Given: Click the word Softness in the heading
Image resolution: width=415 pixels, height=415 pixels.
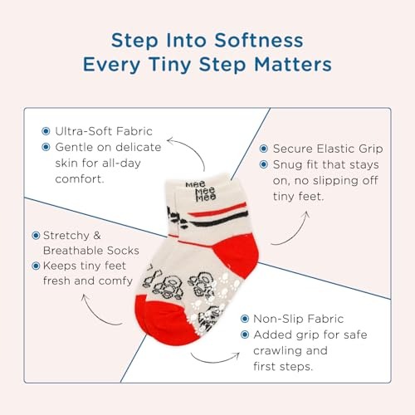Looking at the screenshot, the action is [x=259, y=41].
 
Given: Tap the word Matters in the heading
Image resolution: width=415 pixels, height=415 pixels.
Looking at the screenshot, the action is [x=293, y=65].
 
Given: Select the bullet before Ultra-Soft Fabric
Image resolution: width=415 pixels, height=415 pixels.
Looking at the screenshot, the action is [x=46, y=131].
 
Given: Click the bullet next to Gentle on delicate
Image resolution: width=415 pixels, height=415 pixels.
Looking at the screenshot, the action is [x=46, y=147].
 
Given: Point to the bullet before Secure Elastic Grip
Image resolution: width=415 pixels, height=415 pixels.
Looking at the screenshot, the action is [x=264, y=149].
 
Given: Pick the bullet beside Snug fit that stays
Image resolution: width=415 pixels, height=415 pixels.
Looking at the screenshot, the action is [x=264, y=164].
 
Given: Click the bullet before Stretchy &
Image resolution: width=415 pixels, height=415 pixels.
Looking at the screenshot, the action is [x=36, y=236].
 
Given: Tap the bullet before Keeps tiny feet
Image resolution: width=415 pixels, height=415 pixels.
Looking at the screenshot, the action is [x=36, y=266].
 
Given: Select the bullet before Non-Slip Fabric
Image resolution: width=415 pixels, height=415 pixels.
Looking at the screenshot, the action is [x=245, y=319].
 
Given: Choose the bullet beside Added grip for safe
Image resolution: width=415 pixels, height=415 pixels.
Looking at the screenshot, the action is [x=245, y=334].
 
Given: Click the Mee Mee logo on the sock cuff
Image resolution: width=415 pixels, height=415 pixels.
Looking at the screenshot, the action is [x=202, y=191].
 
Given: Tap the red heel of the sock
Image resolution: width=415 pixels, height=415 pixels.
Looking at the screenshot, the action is [x=237, y=255].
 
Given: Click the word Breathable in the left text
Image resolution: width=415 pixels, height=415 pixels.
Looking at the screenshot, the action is [x=73, y=251].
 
